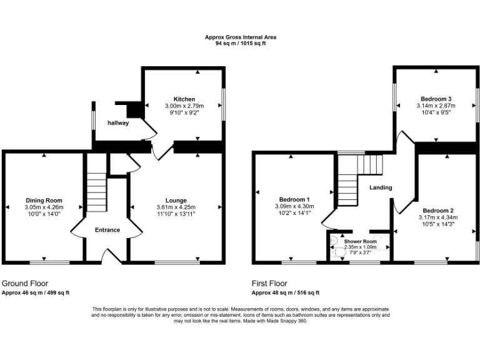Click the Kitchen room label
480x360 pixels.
184,99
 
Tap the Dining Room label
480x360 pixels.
44,201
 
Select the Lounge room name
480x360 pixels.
176,201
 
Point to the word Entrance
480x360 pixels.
107,230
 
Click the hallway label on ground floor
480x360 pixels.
118,123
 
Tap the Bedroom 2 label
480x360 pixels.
437,210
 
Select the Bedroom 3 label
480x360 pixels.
436,99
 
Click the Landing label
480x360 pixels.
381,187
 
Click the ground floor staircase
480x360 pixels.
97,194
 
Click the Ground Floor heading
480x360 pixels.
25,283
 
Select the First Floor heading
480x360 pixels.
269,283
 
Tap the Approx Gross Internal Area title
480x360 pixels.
241,37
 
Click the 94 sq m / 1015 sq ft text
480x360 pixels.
241,44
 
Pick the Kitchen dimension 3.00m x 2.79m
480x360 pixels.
184,106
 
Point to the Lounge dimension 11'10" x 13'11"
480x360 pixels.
176,214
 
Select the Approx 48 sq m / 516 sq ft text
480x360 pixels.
286,292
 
